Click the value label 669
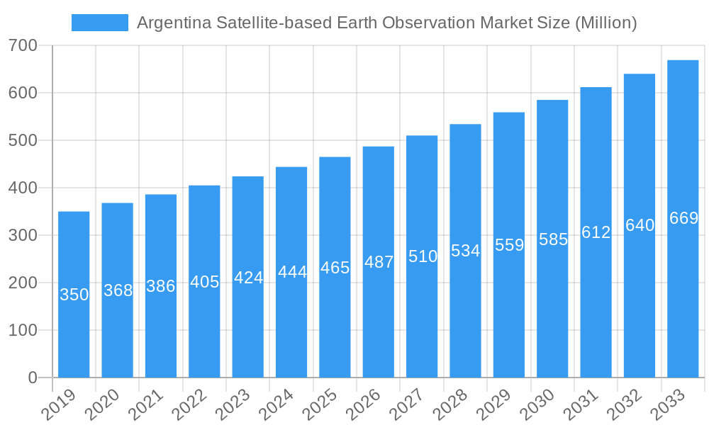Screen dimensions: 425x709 (683, 218)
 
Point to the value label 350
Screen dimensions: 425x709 (74, 295)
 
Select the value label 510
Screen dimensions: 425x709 (423, 256)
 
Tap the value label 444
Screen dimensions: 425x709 (291, 272)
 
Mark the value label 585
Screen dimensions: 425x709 (553, 239)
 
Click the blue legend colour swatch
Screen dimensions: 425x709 (100, 23)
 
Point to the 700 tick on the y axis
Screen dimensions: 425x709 (23, 46)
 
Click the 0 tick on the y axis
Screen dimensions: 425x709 (33, 378)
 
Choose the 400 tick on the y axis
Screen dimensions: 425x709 (23, 188)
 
